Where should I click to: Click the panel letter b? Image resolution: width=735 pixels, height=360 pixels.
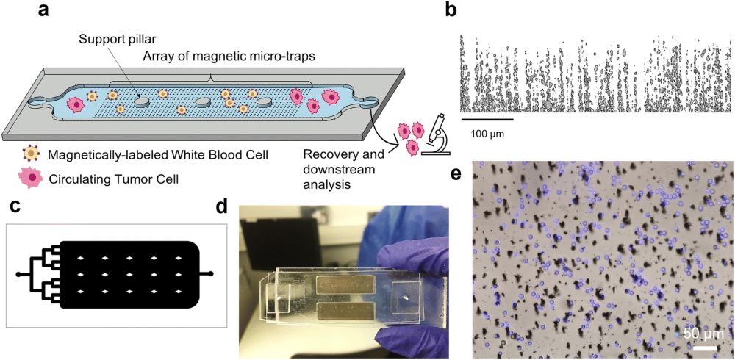(x=452, y=11)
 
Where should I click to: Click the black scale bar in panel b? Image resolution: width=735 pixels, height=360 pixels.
(x=487, y=118)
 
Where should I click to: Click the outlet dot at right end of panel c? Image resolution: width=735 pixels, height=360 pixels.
(x=212, y=275)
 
